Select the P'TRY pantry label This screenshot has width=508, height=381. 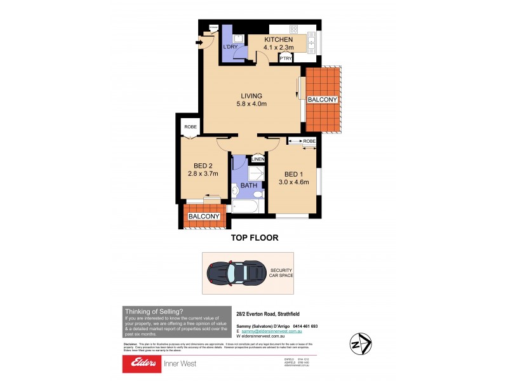286,57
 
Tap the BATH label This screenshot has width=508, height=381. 248,186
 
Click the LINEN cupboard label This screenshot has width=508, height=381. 258,159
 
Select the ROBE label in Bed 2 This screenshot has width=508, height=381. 190,127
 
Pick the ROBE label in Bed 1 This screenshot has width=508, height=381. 309,141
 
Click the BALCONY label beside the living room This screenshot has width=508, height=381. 322,100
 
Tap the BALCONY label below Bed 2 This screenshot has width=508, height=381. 204,217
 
